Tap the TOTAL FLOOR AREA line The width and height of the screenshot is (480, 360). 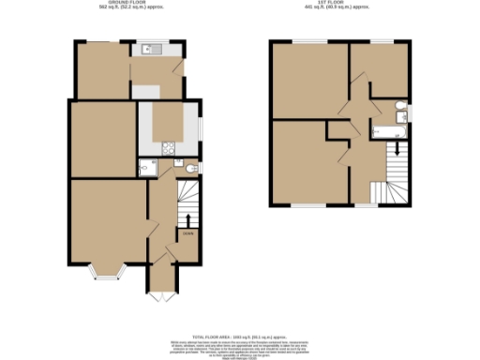click(240, 335)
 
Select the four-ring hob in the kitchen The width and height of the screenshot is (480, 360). click(168, 146)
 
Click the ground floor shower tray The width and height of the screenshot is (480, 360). click(146, 169)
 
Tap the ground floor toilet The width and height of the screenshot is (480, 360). click(191, 169)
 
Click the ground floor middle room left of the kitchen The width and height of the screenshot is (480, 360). click(102, 140)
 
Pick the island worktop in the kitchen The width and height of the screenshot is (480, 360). click(170, 123)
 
